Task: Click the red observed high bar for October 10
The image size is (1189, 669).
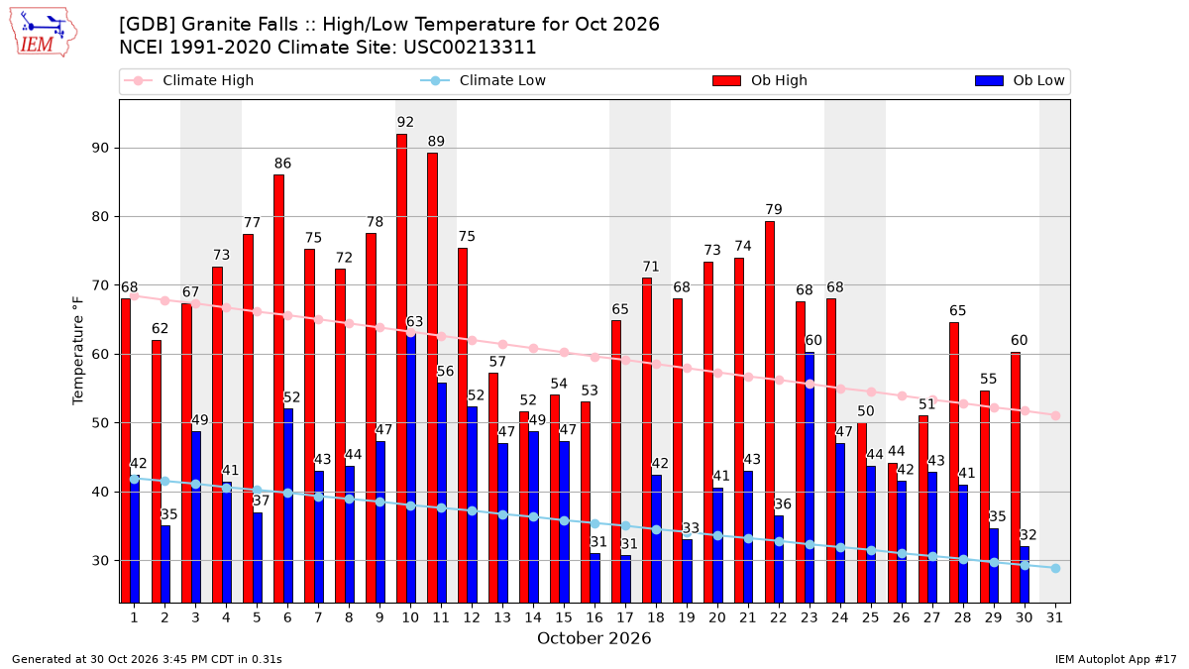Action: tap(402, 369)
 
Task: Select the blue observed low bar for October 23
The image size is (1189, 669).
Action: tap(810, 478)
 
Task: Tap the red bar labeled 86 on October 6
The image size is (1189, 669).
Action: tap(278, 390)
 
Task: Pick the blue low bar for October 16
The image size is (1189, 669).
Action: tap(595, 578)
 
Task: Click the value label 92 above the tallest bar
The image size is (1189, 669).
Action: tap(405, 122)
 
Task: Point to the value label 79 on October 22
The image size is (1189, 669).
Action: tap(774, 209)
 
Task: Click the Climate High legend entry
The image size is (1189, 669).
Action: tap(188, 80)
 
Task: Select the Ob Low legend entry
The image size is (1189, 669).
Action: tap(1020, 80)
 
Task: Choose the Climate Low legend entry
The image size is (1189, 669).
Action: tap(484, 80)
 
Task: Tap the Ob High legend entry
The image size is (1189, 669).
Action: tap(760, 80)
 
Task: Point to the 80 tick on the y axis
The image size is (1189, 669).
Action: tap(100, 217)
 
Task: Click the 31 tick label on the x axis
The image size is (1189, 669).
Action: tap(1054, 617)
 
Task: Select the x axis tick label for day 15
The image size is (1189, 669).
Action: tap(564, 617)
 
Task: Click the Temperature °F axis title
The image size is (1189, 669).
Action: tap(77, 351)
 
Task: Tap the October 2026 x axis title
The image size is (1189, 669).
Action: tap(594, 638)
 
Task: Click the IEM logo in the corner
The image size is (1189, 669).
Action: tap(43, 33)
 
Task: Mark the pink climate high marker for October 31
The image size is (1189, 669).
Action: tap(1055, 415)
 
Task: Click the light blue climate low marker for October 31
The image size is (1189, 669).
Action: tap(1055, 568)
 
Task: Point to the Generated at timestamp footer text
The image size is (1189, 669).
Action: tap(147, 659)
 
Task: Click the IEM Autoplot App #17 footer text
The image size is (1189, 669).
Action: tap(1116, 659)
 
